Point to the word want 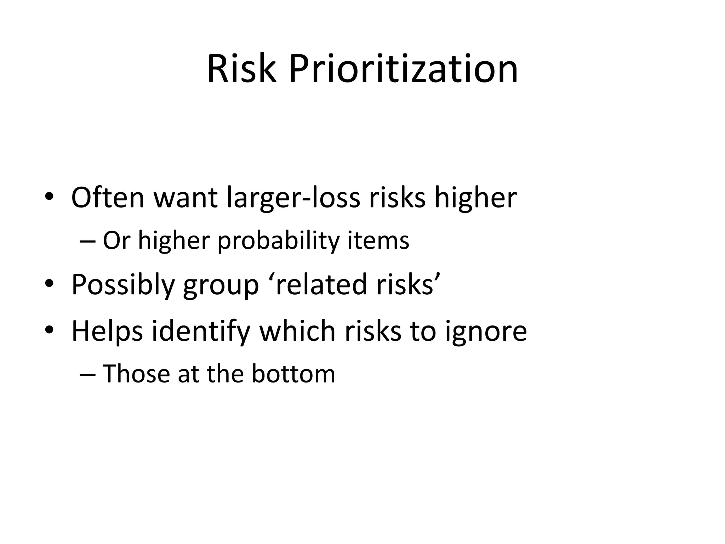pos(185,198)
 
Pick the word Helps pos(107,331)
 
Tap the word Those pos(136,374)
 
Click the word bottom pos(293,374)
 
